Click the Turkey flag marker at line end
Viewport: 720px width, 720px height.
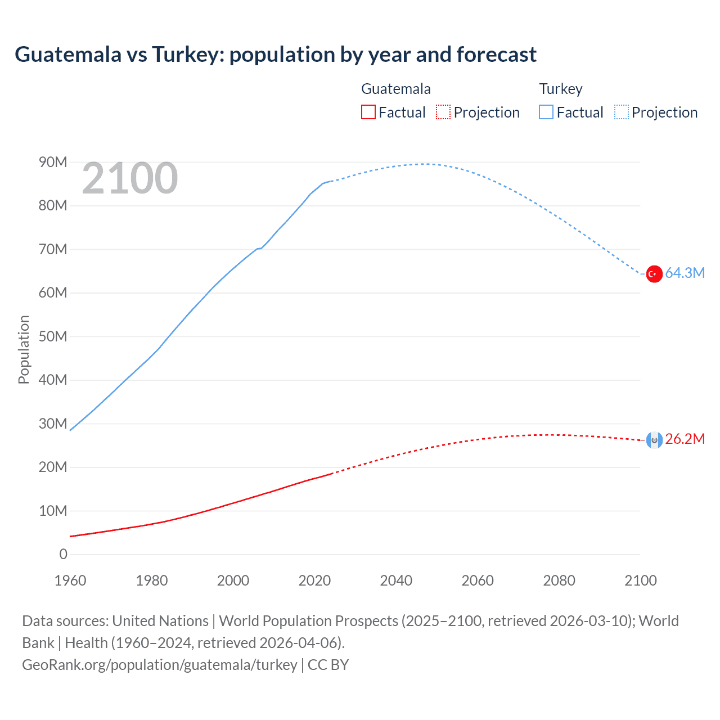pyautogui.click(x=654, y=274)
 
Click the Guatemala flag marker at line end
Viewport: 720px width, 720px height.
pyautogui.click(x=654, y=440)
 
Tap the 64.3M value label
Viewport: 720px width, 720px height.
pyautogui.click(x=685, y=273)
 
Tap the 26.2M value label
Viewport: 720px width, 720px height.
pyautogui.click(x=685, y=439)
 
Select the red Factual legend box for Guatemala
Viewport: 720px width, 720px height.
pyautogui.click(x=368, y=112)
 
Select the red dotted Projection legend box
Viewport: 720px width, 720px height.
pyautogui.click(x=443, y=112)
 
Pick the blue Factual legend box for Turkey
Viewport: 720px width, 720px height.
pyautogui.click(x=546, y=112)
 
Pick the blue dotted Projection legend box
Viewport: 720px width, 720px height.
pyautogui.click(x=621, y=112)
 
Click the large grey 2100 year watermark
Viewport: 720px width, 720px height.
pyautogui.click(x=130, y=179)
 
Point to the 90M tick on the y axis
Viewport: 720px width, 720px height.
pyautogui.click(x=53, y=163)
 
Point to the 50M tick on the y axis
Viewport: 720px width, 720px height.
pyautogui.click(x=53, y=337)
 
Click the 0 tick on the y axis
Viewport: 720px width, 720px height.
pyautogui.click(x=63, y=555)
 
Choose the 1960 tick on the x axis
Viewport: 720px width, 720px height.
pyautogui.click(x=70, y=581)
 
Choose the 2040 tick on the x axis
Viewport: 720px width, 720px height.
pyautogui.click(x=396, y=581)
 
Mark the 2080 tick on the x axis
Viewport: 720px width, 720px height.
pyautogui.click(x=559, y=581)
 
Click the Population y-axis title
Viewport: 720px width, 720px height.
pyautogui.click(x=24, y=350)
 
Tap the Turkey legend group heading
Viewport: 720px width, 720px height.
pyautogui.click(x=561, y=89)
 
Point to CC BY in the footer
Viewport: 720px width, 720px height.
pyautogui.click(x=328, y=665)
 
